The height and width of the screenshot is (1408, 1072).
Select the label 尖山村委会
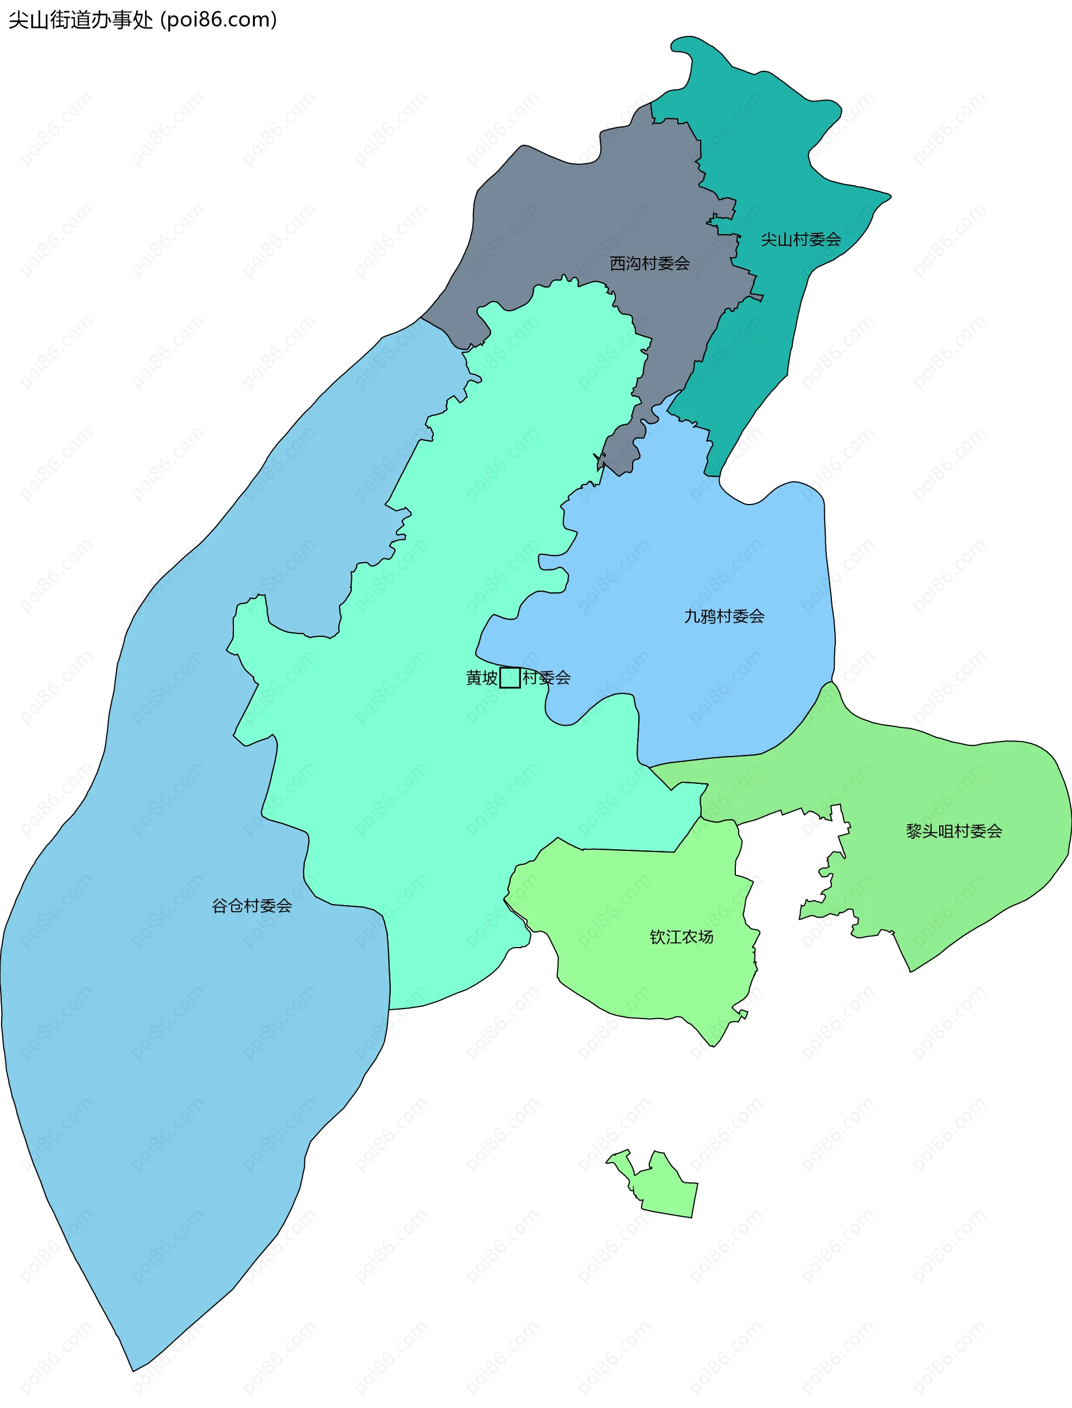(x=800, y=240)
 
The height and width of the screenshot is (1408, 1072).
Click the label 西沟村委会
(x=649, y=263)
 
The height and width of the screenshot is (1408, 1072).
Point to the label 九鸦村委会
(x=724, y=616)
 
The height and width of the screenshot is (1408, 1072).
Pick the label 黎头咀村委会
(x=954, y=831)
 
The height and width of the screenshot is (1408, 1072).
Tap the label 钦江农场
(x=682, y=937)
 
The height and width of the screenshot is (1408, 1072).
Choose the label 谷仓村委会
(x=252, y=906)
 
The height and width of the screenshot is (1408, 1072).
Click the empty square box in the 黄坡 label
(x=510, y=678)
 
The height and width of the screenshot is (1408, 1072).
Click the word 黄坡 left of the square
(x=482, y=678)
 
